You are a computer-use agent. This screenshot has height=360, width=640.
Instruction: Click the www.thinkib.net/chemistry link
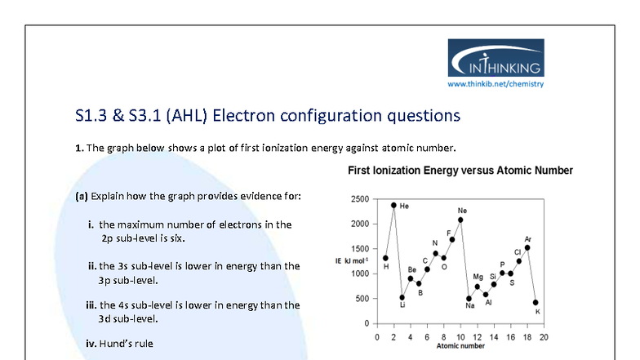point(496,83)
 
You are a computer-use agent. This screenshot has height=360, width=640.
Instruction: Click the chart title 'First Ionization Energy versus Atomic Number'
point(460,171)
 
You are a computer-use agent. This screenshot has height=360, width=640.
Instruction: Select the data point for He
point(393,205)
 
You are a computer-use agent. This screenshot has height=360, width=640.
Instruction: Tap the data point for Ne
point(460,220)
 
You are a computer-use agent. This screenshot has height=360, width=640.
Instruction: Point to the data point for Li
point(402,297)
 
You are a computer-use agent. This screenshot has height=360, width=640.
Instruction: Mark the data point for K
point(536,302)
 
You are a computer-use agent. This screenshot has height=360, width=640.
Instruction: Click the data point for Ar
point(527,247)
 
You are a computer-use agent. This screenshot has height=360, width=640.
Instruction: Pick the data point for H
point(385,258)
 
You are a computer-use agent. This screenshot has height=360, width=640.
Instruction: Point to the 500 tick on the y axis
point(360,299)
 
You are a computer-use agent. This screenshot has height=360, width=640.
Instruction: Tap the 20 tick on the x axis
point(544,336)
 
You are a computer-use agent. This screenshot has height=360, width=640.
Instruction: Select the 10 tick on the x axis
point(460,336)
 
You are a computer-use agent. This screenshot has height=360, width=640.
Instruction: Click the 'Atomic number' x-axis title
point(460,346)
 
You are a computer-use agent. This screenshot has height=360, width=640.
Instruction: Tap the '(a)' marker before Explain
point(81,197)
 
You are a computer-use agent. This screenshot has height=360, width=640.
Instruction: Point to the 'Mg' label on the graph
point(478,278)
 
